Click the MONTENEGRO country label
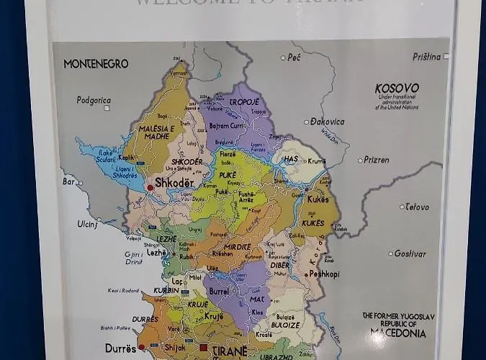coord(96,64)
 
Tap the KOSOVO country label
coord(397,89)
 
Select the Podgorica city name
coord(94,100)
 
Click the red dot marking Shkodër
coord(150,187)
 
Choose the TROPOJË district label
coord(243,102)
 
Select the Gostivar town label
coord(410,253)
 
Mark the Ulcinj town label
coord(87,224)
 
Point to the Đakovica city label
coord(328,122)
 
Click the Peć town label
coord(294,57)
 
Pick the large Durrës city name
coord(120,348)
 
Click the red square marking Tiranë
coord(204,348)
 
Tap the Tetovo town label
coord(416,207)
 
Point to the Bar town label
coord(69,182)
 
